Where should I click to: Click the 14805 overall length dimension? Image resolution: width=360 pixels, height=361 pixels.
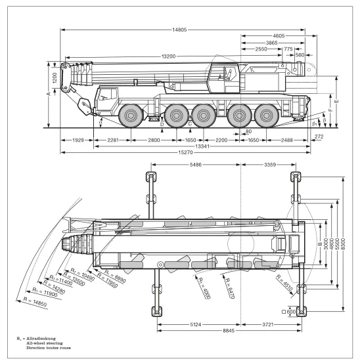coord(179,30)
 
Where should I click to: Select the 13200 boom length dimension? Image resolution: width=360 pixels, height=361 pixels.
coord(168,56)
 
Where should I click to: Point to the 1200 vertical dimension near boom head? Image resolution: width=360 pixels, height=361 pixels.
coord(55,78)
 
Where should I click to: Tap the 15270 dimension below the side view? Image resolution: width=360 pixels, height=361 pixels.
coord(185,152)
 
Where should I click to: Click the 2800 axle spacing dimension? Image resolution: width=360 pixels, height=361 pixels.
coord(154,140)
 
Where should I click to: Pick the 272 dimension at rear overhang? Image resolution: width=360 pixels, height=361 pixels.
coord(319,137)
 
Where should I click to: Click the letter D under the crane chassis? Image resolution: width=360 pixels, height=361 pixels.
coord(162,124)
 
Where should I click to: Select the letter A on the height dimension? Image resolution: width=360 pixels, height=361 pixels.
coord(49,94)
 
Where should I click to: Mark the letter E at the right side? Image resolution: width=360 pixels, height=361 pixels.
coord(337,101)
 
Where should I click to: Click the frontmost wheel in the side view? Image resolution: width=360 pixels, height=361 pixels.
coord(131,116)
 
